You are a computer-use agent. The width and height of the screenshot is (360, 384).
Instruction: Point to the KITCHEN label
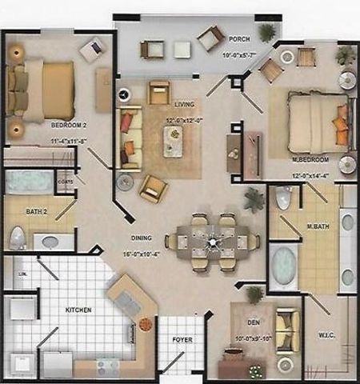click(x=78, y=310)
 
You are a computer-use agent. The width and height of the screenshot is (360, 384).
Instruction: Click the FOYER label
click(x=182, y=340)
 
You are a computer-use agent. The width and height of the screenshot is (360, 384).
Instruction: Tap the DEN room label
click(x=254, y=322)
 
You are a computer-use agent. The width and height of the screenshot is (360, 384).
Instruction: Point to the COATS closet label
click(x=65, y=182)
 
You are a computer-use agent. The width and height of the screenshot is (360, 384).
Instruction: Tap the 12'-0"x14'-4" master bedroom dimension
click(x=311, y=175)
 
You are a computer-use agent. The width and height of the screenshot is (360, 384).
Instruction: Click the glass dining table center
click(x=213, y=239)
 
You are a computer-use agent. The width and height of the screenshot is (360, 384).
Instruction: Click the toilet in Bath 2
click(x=17, y=238)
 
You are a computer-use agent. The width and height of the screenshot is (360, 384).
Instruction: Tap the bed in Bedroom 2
click(x=46, y=90)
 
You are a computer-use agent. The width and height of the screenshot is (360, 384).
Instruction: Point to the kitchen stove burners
click(x=108, y=366)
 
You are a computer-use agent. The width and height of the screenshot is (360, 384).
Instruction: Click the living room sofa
click(x=128, y=134)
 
